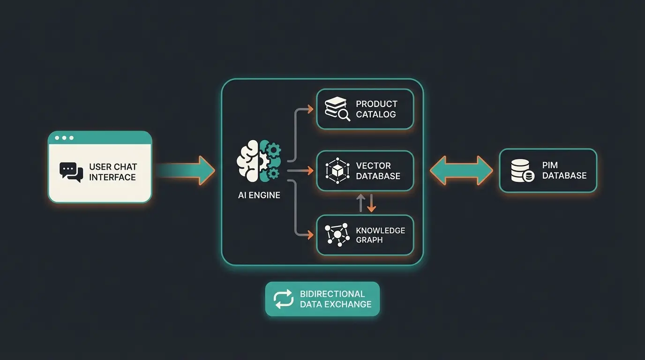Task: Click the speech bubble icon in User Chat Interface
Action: [71, 172]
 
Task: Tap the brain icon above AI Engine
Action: [259, 161]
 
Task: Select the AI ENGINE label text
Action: [259, 195]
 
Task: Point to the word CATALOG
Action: [375, 114]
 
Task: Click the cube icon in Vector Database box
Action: [337, 171]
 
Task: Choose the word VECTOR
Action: [373, 165]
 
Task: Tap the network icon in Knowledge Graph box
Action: [337, 234]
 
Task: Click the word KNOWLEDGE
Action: [380, 230]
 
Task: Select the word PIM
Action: [550, 165]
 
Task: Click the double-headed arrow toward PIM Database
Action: [461, 171]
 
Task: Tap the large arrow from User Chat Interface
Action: [187, 171]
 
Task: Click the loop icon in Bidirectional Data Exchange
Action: [283, 299]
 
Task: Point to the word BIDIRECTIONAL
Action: [332, 294]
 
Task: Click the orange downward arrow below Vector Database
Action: [371, 203]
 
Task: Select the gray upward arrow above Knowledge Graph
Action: [360, 203]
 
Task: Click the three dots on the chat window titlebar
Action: [64, 138]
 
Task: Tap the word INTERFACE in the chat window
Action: [112, 177]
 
